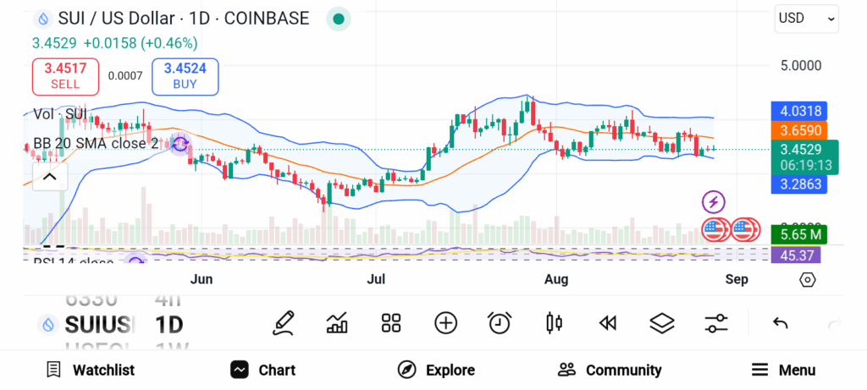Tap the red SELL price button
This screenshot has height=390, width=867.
65,76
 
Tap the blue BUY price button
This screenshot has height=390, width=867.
185,76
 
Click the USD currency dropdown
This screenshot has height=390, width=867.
806,18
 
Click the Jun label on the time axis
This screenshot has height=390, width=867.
201,279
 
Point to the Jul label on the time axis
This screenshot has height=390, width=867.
377,279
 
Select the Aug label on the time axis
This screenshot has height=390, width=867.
555,279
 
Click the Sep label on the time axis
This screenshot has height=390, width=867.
736,279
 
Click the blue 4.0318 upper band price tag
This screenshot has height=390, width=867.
796,111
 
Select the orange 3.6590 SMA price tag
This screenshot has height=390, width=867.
796,131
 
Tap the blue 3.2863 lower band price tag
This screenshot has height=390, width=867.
796,184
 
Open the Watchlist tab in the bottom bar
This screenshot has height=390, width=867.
91,370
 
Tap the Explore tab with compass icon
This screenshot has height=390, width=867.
436,370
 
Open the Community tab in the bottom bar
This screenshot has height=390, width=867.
610,370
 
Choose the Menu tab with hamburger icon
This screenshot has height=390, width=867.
784,370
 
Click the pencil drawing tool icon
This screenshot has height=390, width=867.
284,322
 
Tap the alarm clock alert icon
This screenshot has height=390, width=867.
500,322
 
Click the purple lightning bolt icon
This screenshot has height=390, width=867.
714,201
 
